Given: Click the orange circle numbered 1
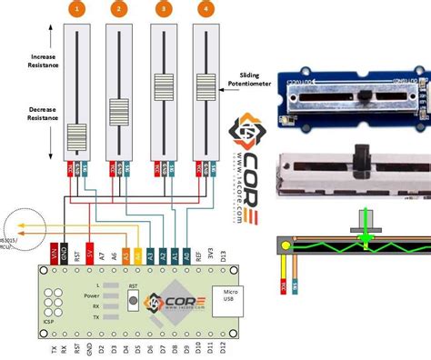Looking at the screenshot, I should [x=77, y=10].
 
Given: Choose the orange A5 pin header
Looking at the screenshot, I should [x=137, y=255].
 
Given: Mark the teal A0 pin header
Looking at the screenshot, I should [x=185, y=255].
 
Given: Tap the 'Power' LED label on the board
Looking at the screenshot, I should [x=92, y=295].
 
